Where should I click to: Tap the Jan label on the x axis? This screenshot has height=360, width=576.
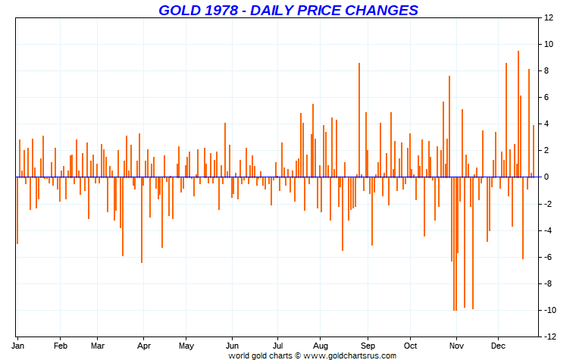pyautogui.click(x=20, y=345)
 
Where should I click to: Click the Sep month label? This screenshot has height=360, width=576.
pyautogui.click(x=367, y=345)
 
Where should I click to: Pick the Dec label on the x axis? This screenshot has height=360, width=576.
pyautogui.click(x=498, y=345)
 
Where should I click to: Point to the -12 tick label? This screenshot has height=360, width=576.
pyautogui.click(x=549, y=337)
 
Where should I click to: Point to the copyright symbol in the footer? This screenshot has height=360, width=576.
pyautogui.click(x=298, y=355)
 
